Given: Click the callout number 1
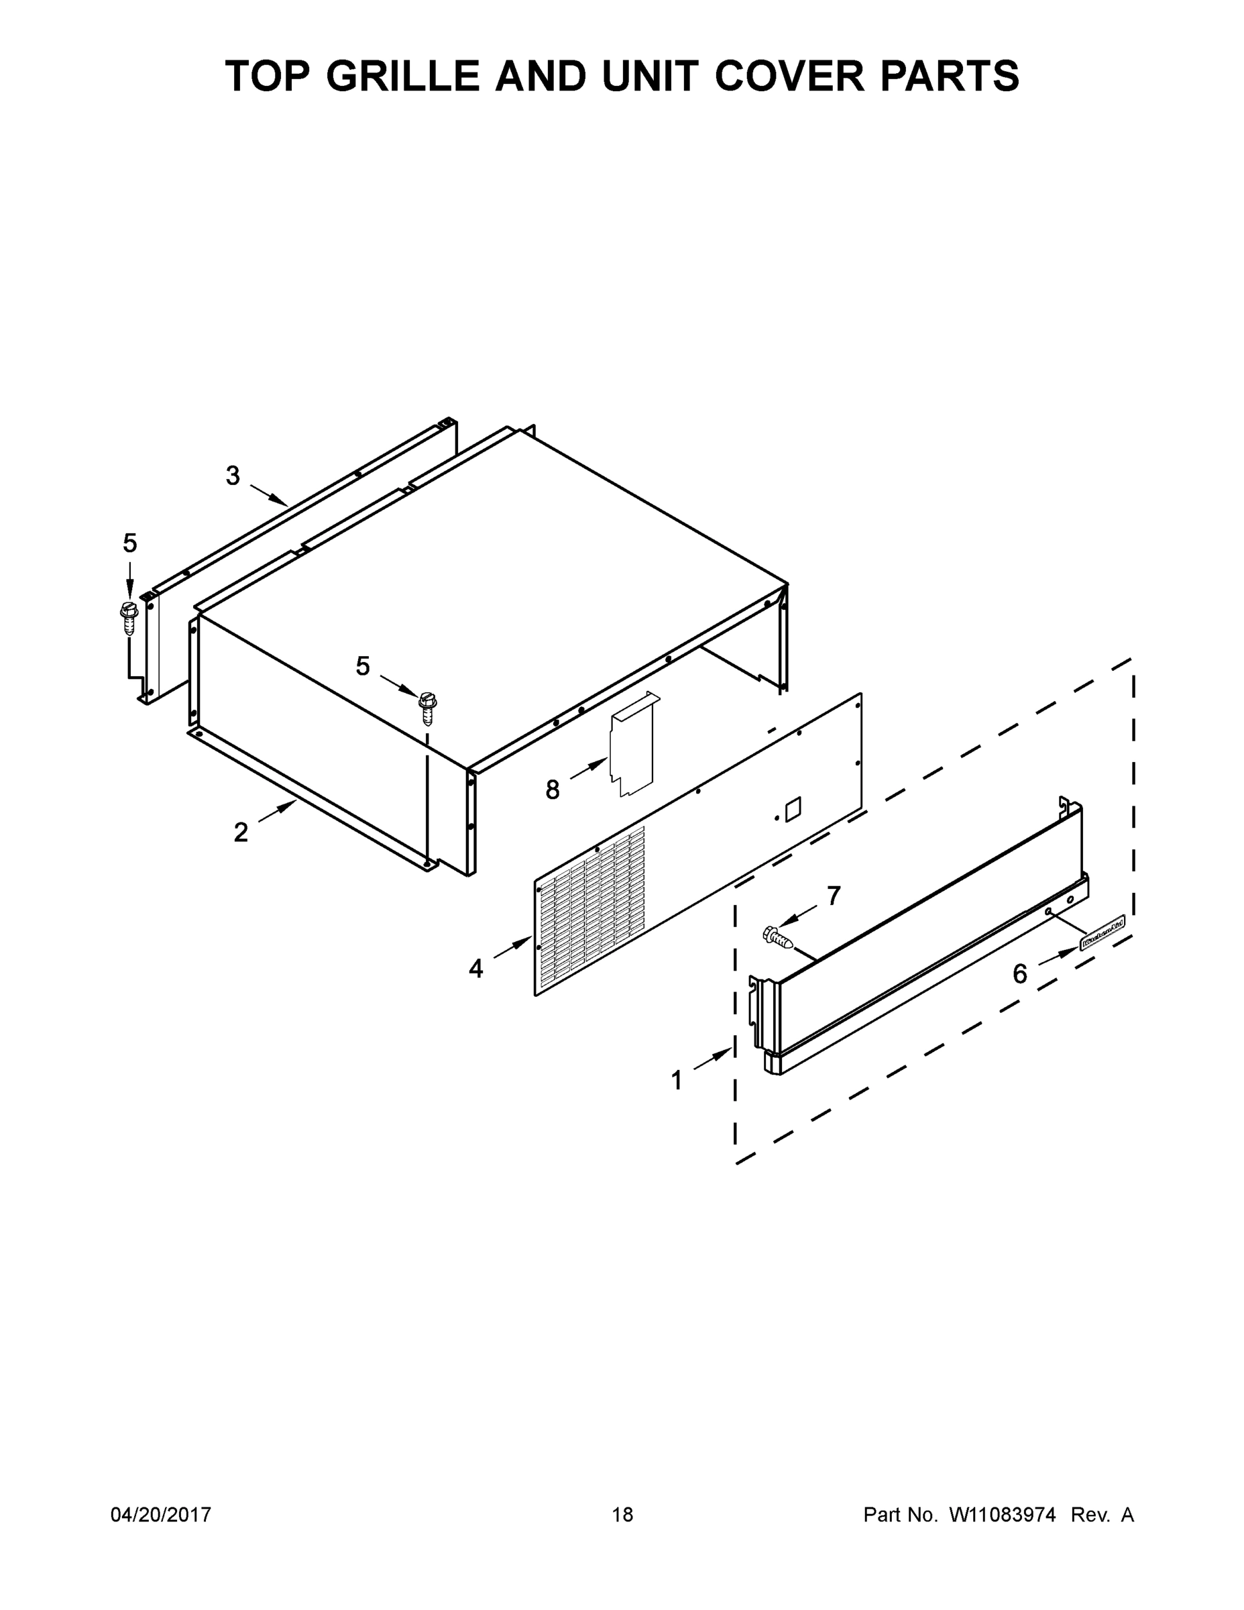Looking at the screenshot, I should (x=676, y=1081).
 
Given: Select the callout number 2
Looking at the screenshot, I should (x=241, y=833).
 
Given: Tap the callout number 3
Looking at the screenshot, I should (x=233, y=476).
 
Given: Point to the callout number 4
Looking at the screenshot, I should (x=476, y=969).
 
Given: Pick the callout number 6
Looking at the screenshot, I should (x=1019, y=975).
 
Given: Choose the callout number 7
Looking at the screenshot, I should (x=834, y=896).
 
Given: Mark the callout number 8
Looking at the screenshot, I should (x=552, y=790).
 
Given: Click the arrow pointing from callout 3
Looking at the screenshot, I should (x=269, y=495).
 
